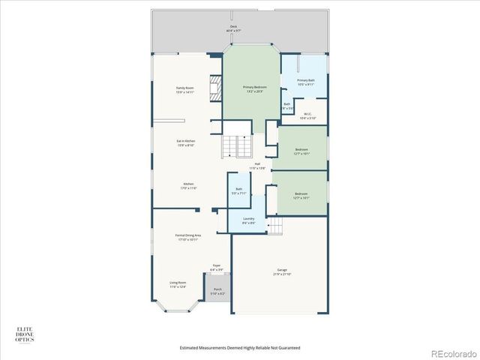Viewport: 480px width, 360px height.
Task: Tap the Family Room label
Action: coord(185,90)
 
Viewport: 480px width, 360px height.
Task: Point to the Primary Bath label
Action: coord(305,82)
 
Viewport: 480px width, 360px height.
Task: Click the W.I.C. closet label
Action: coord(307,116)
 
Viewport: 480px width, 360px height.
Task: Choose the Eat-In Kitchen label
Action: coord(185,143)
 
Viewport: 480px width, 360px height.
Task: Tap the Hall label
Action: coord(257,166)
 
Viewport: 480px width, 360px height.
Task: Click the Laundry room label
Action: coord(249,220)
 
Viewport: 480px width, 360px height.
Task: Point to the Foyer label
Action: coord(217,267)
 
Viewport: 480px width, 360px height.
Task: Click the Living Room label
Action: coord(178,284)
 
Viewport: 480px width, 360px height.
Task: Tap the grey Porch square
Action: coord(217,291)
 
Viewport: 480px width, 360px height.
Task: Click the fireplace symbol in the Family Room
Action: coord(216,88)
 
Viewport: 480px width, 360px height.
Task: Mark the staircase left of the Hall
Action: coord(234,147)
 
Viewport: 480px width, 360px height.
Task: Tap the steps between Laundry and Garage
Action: coord(277,223)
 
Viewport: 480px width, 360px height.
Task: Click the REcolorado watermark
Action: coord(451,352)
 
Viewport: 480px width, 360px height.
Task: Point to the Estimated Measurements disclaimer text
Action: coord(239,348)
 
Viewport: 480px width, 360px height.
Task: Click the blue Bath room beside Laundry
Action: coord(238,191)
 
